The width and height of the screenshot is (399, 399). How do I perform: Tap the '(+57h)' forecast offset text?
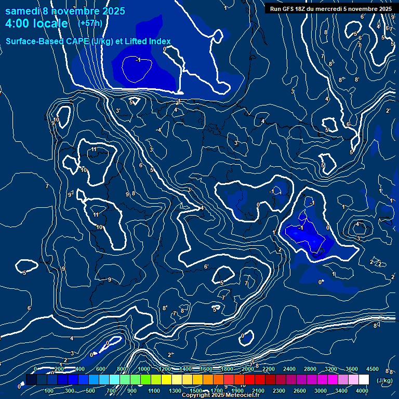tap(90, 23)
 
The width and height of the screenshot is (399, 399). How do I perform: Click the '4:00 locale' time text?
tap(36, 24)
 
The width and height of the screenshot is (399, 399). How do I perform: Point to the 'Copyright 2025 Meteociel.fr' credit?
tap(220, 395)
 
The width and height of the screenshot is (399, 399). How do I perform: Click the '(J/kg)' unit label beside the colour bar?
tap(384, 380)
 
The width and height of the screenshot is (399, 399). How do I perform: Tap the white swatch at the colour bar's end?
tap(364, 380)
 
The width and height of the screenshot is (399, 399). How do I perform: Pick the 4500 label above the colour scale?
tap(372, 369)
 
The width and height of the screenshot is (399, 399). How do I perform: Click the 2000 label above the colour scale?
tap(248, 369)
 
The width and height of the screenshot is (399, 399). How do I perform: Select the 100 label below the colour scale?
tap(49, 391)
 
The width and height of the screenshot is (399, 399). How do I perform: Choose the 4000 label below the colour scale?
tap(363, 391)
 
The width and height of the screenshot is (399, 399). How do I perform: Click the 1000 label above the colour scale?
tap(144, 369)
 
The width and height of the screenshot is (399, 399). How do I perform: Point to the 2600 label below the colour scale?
tap(300, 391)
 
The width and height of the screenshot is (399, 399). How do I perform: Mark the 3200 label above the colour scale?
tap(331, 369)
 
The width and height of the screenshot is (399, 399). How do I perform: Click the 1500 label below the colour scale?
tap(196, 391)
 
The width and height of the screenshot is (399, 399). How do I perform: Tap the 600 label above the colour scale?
tap(100, 369)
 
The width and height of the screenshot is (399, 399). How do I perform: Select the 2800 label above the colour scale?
tap(310, 369)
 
